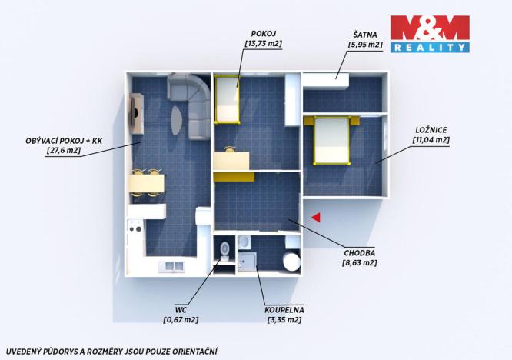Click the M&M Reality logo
coord(429,34)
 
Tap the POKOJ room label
coord(263,33)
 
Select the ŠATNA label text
coord(365,34)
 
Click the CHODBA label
coord(359,252)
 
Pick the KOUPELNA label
coord(284,309)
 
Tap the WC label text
coord(181,308)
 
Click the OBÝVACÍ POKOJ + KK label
coord(62,142)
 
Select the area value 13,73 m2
coord(263,44)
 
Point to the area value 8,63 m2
coord(359,262)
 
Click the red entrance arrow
coord(315,218)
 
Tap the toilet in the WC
coord(224,249)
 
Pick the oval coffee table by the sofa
coord(177,121)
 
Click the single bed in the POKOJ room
coord(227,98)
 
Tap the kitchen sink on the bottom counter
coord(171,266)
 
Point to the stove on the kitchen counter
coord(135,228)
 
